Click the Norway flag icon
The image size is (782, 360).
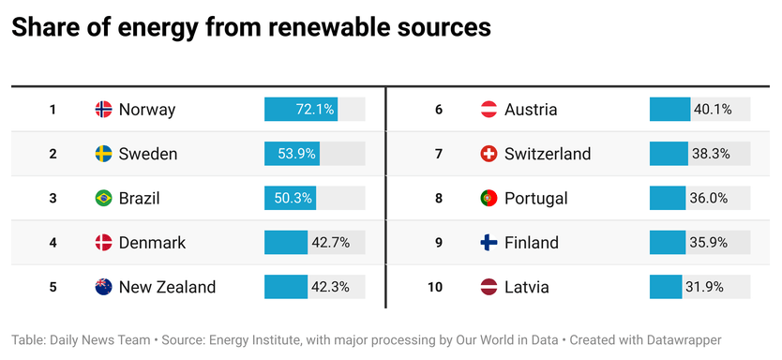(x=104, y=110)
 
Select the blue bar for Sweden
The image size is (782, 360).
(x=292, y=154)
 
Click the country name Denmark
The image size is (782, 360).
(x=152, y=243)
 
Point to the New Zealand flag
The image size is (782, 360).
(x=104, y=287)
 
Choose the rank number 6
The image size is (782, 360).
(x=438, y=110)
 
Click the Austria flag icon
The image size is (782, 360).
(x=489, y=110)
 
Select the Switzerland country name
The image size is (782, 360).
(x=548, y=154)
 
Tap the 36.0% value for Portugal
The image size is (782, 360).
(x=708, y=198)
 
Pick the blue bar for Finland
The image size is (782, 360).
(x=668, y=243)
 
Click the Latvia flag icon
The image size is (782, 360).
(x=489, y=287)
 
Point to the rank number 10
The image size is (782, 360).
(x=435, y=287)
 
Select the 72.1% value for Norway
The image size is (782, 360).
(x=315, y=110)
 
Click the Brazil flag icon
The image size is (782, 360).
(x=104, y=198)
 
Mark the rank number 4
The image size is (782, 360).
(x=53, y=243)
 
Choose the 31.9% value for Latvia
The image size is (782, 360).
(x=704, y=287)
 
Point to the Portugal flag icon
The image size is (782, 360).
(x=489, y=198)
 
